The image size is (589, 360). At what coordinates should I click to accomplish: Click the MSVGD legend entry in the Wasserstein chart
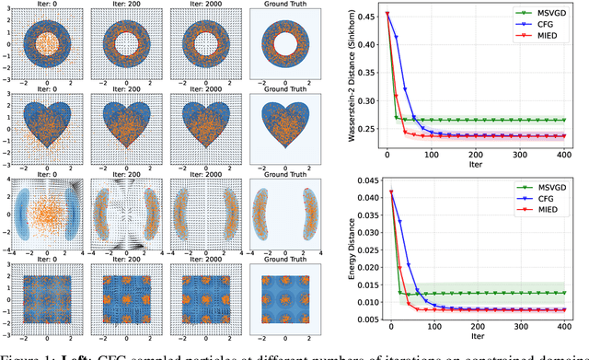click(546, 16)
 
